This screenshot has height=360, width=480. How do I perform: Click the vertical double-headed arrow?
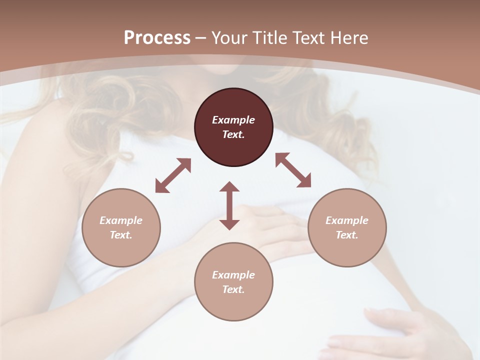(229, 205)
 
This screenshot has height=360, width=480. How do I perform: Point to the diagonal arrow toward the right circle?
(293, 170)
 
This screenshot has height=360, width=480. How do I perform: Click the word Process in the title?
(157, 38)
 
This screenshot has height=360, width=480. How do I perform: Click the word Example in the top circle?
(233, 120)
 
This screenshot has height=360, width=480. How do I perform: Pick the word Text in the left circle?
(121, 235)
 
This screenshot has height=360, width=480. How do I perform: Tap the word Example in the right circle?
(347, 220)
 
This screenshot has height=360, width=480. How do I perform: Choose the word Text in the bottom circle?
(233, 289)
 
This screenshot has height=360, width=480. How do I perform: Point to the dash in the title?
(200, 38)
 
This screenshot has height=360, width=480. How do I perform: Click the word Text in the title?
(307, 38)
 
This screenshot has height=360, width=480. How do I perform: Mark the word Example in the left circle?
(121, 220)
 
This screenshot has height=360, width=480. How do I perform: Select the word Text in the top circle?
(233, 134)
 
